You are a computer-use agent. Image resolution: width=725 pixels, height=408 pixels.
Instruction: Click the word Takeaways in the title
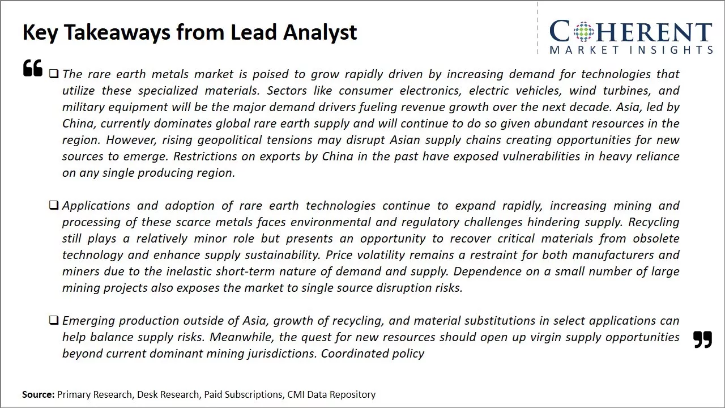pos(117,32)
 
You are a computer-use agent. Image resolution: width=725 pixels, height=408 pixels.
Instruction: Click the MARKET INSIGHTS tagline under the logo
pos(630,50)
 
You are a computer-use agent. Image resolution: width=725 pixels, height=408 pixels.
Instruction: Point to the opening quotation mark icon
pos(33,68)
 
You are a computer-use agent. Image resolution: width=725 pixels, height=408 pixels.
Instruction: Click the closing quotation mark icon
pos(702,339)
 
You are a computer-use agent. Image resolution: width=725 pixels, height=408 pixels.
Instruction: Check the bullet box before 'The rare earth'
pos(54,74)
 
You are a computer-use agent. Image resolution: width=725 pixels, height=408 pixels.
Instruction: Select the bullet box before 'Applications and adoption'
pos(54,205)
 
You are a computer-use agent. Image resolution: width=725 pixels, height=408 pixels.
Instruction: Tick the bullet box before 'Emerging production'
pos(54,320)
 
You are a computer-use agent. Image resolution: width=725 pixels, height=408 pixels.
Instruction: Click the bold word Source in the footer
pos(38,394)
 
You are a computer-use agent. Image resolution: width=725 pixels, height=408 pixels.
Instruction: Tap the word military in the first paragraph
pos(83,107)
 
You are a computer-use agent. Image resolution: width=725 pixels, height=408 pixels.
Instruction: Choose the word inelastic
pos(186,271)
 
